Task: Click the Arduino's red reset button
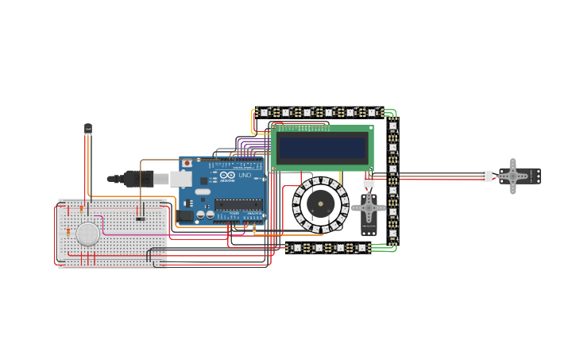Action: [187, 164]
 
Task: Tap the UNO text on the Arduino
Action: [245, 175]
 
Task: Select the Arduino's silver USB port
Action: [182, 180]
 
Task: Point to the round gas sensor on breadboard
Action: [87, 234]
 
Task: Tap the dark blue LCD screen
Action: [322, 147]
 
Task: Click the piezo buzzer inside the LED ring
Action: [320, 203]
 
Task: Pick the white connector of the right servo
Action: [485, 176]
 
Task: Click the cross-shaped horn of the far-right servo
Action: [513, 176]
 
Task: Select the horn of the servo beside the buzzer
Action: [369, 209]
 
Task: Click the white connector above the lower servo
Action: [369, 181]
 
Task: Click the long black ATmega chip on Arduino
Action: [238, 204]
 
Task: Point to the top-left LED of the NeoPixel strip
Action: [265, 113]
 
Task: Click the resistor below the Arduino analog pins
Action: [253, 230]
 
